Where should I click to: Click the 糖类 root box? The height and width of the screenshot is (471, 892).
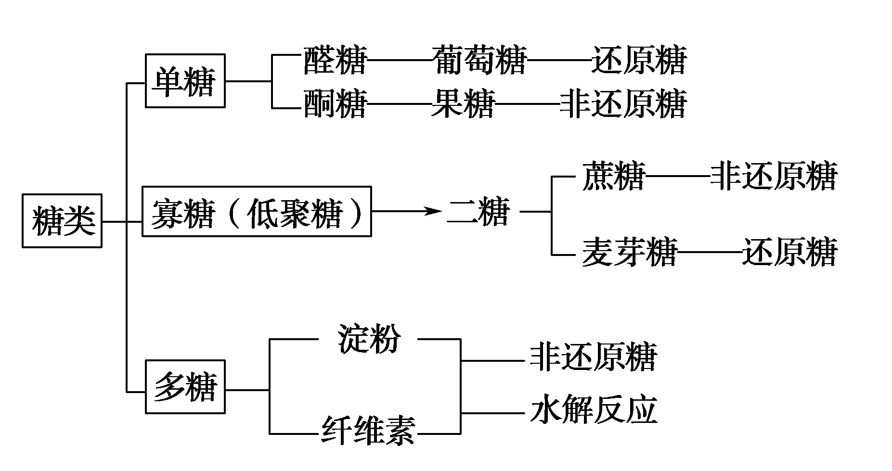pos(62,221)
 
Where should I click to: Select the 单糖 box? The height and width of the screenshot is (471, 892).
pos(185,81)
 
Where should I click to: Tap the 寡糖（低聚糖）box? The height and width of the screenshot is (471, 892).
pos(257,212)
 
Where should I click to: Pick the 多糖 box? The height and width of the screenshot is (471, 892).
pos(185,386)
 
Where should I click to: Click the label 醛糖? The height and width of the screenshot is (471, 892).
pos(335,60)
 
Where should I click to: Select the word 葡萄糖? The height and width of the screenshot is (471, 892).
pos(479,60)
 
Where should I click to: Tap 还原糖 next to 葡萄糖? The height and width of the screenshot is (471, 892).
pos(639,60)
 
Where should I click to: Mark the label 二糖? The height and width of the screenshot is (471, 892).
pos(478,212)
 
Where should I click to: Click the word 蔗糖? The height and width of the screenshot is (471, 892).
pos(613,176)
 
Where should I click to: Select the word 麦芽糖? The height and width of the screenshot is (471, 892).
pos(629,252)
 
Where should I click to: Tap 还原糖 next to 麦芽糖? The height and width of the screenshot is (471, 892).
pos(789,252)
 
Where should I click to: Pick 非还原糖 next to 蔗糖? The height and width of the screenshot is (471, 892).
pos(774,176)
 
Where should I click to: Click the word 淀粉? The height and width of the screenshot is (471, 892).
pos(369,339)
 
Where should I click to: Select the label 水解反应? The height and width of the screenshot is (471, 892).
pos(593,410)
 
